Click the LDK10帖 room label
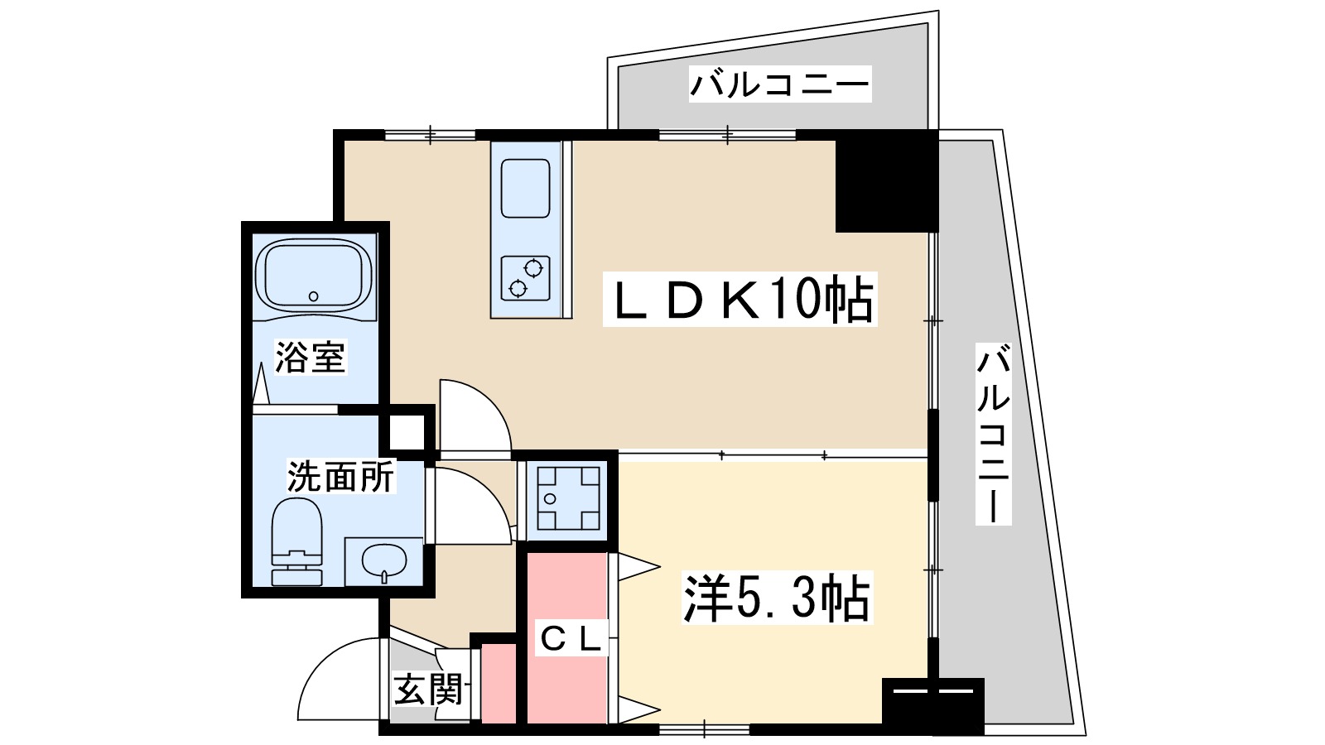pyautogui.click(x=740, y=300)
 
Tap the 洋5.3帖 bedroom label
pyautogui.click(x=776, y=598)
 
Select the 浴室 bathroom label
pyautogui.click(x=310, y=357)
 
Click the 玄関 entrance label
pyautogui.click(x=427, y=689)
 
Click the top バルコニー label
pyautogui.click(x=779, y=84)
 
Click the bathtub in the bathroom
pyautogui.click(x=314, y=276)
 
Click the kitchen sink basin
pyautogui.click(x=525, y=189)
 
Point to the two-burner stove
pyautogui.click(x=525, y=277)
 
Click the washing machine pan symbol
pyautogui.click(x=568, y=497)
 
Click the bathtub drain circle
pyautogui.click(x=313, y=296)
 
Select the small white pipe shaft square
pyautogui.click(x=406, y=430)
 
